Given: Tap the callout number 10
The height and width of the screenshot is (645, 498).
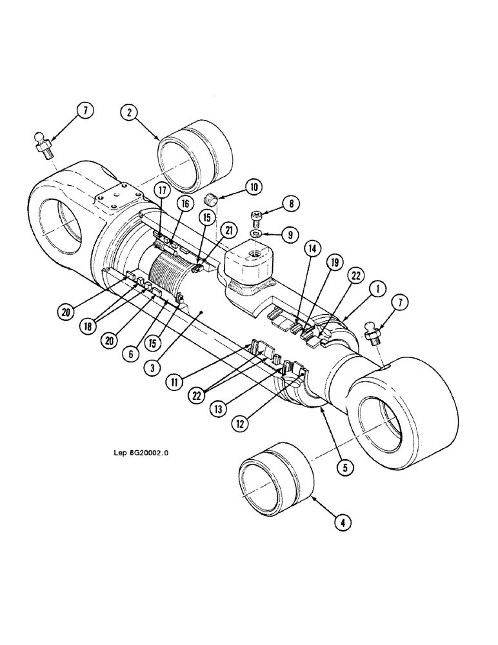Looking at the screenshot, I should click(252, 188).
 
